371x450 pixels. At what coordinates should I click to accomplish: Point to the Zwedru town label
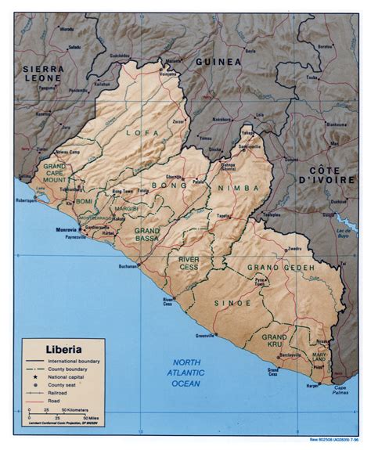click(x=294, y=249)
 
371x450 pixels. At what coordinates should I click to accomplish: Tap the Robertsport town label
click(x=25, y=201)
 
